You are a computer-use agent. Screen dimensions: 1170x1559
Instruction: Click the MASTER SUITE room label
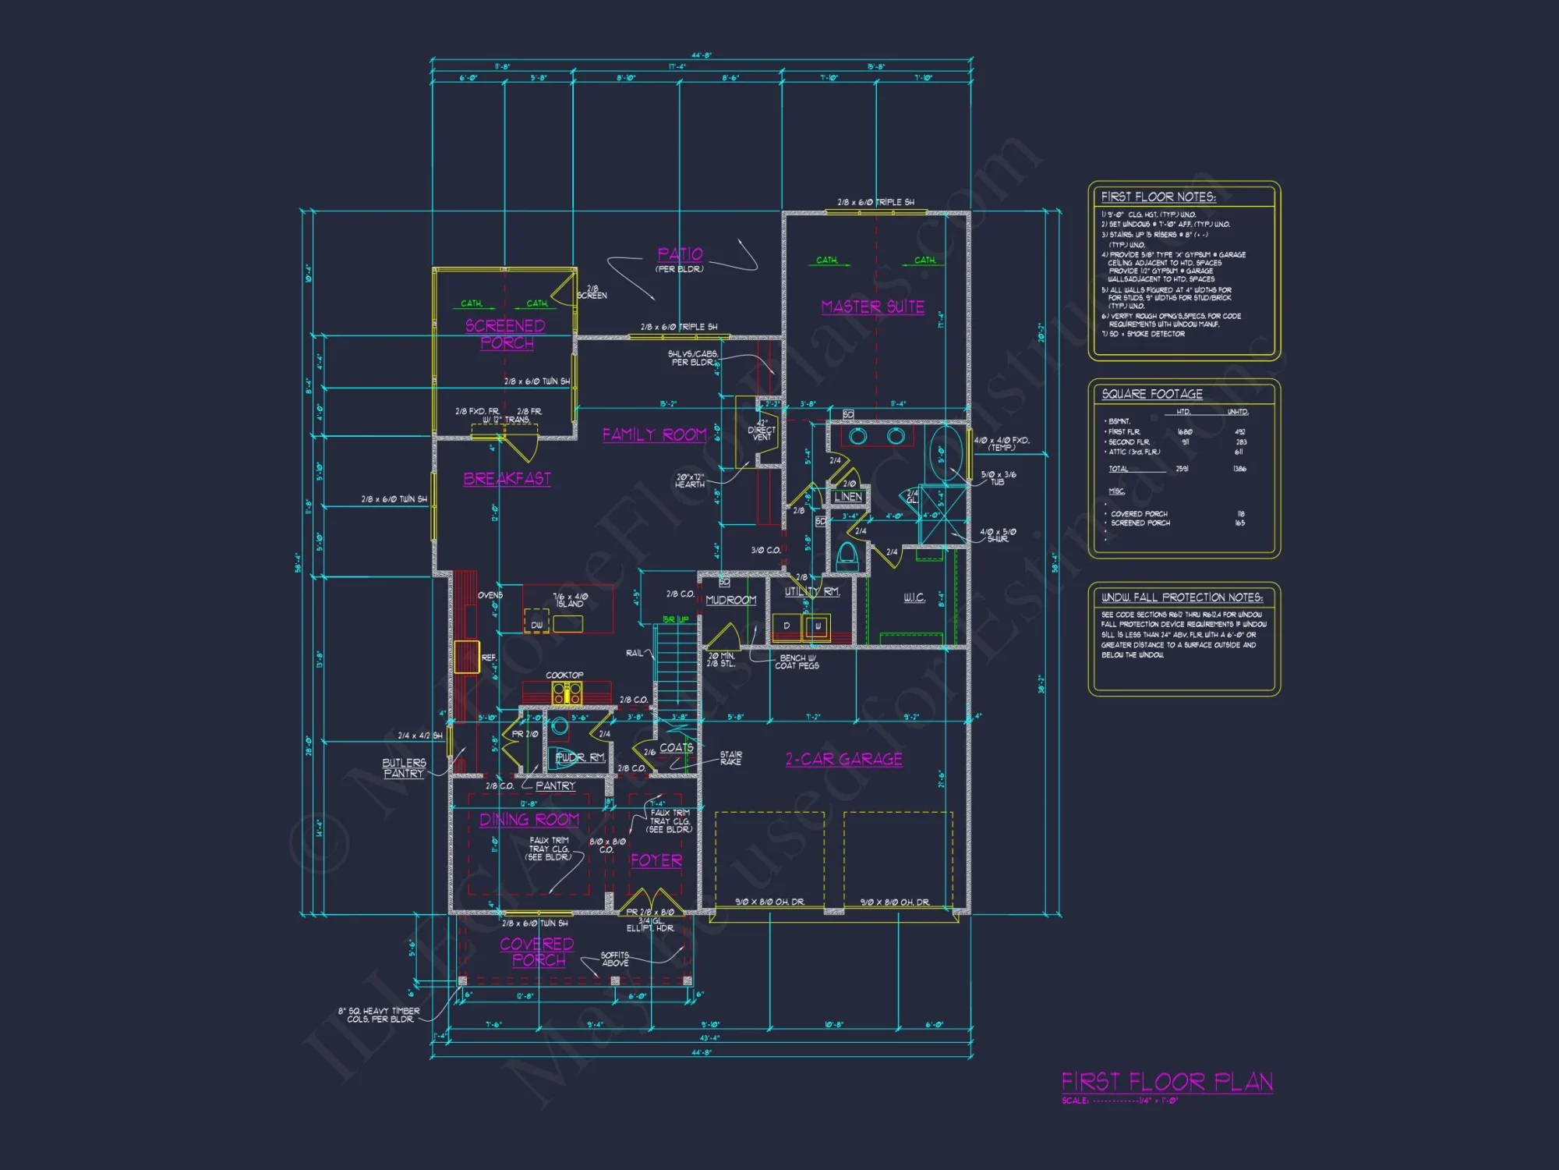click(872, 307)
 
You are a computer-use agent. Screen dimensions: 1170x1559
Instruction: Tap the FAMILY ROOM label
click(654, 434)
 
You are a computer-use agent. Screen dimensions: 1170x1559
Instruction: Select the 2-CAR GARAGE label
click(843, 759)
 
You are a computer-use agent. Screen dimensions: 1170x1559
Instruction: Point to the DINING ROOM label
click(529, 819)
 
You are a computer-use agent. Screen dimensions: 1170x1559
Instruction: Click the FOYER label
click(656, 860)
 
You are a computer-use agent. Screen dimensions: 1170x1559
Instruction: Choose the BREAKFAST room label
click(507, 478)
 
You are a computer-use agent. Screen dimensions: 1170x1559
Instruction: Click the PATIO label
click(680, 254)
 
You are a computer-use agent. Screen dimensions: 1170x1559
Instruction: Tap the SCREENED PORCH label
click(506, 334)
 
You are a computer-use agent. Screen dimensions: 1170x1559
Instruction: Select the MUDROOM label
click(730, 600)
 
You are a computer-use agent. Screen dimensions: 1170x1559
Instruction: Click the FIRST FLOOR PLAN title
click(1167, 1082)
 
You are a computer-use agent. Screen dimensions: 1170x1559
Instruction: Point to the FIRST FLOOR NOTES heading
click(1158, 197)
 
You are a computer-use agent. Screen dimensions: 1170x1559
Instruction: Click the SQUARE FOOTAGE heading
click(1151, 394)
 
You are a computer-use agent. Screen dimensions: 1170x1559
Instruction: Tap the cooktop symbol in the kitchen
click(567, 692)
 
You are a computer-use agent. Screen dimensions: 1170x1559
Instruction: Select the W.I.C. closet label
click(914, 597)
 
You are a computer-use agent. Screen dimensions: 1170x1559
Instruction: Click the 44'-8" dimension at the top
click(702, 55)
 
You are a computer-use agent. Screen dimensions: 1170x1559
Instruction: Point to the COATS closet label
click(676, 747)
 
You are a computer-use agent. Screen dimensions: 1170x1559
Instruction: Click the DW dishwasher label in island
click(536, 625)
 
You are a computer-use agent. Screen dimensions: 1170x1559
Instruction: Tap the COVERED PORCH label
click(537, 952)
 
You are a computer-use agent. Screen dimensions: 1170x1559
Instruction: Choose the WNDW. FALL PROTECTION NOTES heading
click(1181, 597)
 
